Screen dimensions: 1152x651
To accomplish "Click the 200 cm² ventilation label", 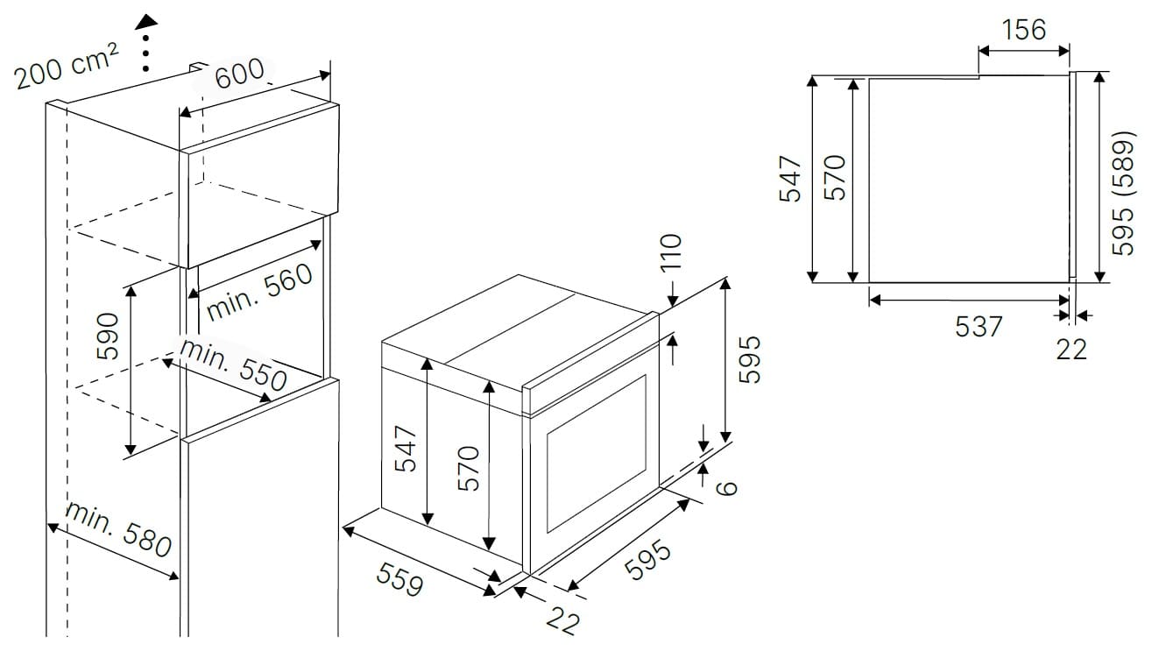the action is [x=67, y=66].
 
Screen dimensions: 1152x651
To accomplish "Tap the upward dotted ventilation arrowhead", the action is [x=147, y=21].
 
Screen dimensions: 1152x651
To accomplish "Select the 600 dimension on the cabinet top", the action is [x=240, y=74].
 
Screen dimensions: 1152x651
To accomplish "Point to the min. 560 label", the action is [x=259, y=292].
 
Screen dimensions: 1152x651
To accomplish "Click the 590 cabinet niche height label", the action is [x=108, y=336].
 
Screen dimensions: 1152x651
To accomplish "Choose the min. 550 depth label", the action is [x=233, y=365].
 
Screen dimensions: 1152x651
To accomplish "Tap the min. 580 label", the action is [x=118, y=530].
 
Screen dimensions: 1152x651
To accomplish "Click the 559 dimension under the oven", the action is [x=400, y=579].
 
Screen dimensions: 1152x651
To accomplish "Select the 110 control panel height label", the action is [x=671, y=252].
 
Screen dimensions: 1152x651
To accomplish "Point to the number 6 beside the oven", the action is [x=727, y=487].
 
